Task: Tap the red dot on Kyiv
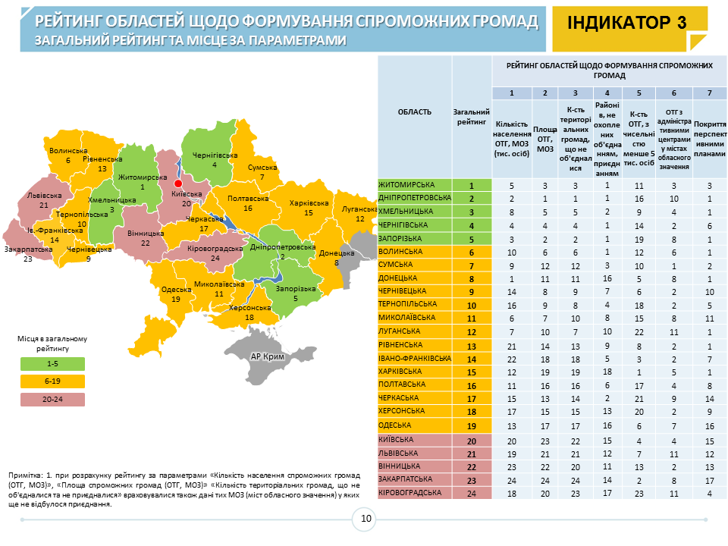coord(178,184)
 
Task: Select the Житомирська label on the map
coord(142,177)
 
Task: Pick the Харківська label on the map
coord(309,203)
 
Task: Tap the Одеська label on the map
coord(175,290)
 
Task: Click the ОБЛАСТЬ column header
coord(415,112)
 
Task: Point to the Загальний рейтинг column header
coord(471,117)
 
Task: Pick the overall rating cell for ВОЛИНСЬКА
coord(471,252)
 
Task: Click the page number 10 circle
coord(366,519)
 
